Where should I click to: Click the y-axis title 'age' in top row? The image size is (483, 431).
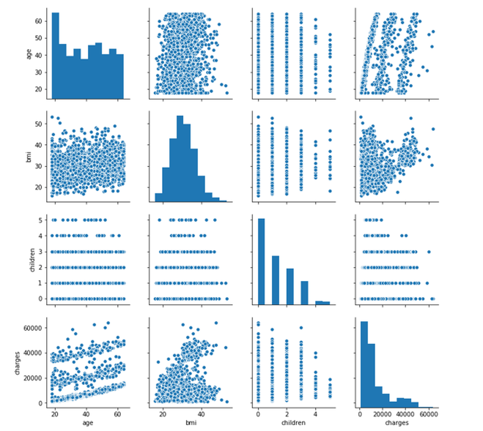click(29, 54)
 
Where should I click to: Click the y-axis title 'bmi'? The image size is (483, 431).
click(29, 157)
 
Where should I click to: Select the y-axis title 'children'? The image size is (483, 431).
click(32, 260)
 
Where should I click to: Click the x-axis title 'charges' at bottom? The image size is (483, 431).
click(396, 423)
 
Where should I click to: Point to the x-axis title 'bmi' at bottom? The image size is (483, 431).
click(191, 423)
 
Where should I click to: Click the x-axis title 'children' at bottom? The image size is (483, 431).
click(293, 423)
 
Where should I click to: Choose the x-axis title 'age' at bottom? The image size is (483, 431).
click(88, 423)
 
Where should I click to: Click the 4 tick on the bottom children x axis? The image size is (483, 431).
click(316, 414)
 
